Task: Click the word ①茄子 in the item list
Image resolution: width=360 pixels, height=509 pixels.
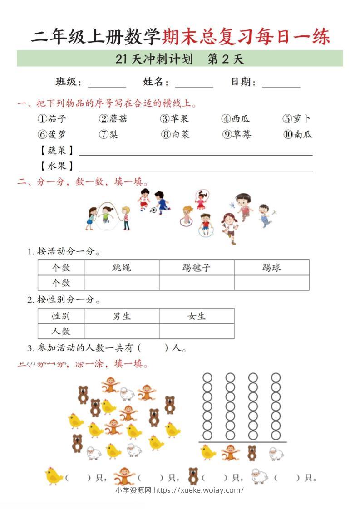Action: (52, 119)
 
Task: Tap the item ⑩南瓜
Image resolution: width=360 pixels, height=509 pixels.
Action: (298, 134)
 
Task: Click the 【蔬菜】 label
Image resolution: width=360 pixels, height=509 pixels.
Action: (57, 151)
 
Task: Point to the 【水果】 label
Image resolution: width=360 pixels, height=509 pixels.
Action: (57, 166)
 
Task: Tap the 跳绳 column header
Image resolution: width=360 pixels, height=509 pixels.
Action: (121, 268)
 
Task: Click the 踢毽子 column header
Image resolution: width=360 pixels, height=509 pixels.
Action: (196, 268)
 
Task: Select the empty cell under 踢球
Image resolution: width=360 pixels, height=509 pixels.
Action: (271, 283)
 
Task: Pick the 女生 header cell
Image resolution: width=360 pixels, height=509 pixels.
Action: (196, 316)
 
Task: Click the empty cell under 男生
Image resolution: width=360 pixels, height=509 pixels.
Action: (121, 331)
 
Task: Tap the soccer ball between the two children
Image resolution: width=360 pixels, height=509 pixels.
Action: (153, 210)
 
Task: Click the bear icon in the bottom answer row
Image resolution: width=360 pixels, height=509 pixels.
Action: (193, 476)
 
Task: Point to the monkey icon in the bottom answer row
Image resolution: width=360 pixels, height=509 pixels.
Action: (123, 476)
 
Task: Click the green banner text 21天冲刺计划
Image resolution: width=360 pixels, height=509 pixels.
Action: (154, 59)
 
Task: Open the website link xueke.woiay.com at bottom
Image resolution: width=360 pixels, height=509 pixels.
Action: (199, 490)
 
